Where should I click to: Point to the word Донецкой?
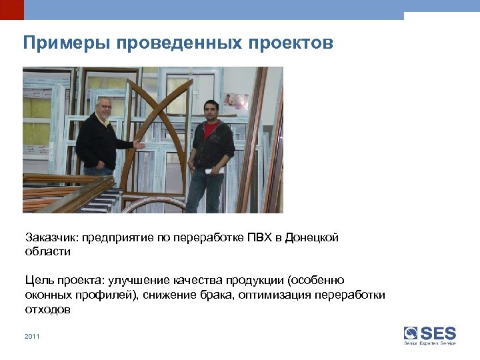[312, 238]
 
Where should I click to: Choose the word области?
[47, 252]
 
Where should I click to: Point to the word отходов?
[48, 310]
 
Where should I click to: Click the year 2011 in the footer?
[32, 337]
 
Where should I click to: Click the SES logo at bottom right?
[430, 335]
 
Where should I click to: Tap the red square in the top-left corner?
[11, 9]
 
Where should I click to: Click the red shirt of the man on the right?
[211, 129]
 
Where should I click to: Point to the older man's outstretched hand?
[139, 143]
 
